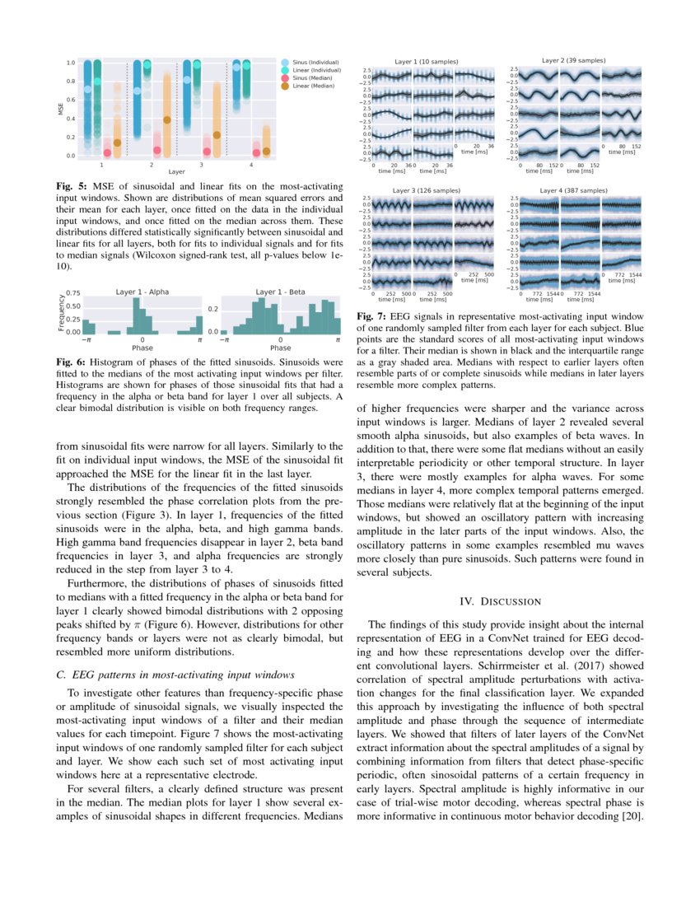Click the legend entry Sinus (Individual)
click(x=311, y=63)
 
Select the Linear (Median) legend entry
click(x=309, y=86)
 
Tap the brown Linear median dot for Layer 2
click(x=168, y=119)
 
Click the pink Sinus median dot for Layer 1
click(x=107, y=152)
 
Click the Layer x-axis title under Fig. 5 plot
click(x=176, y=172)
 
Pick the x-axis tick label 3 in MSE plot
click(x=201, y=165)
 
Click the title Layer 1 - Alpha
click(x=142, y=292)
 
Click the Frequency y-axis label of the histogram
click(x=62, y=313)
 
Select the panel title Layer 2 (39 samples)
click(x=573, y=60)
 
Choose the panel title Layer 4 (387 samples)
click(x=573, y=190)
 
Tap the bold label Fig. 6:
click(x=71, y=362)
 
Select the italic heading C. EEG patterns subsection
click(x=169, y=675)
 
